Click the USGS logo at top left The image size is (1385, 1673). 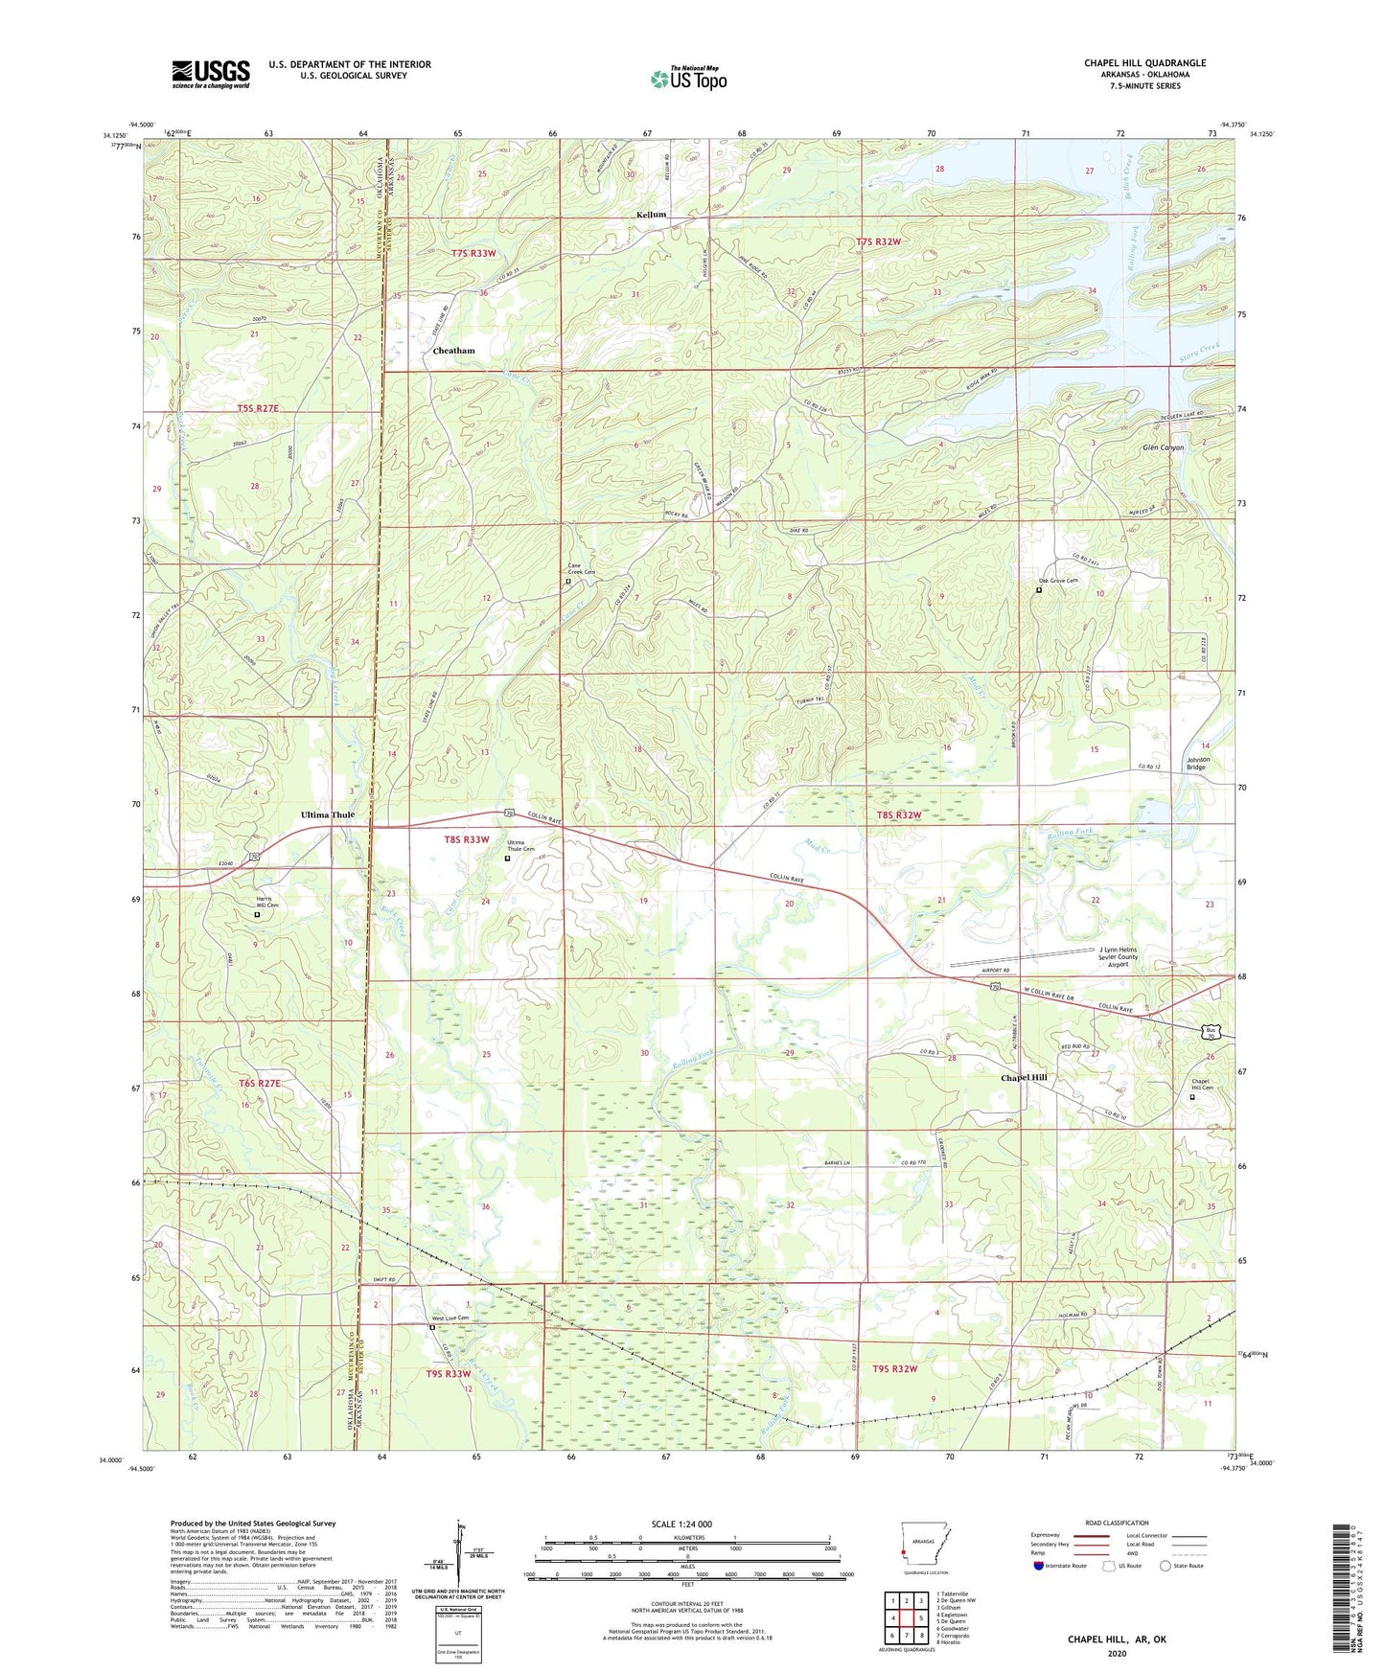pos(210,74)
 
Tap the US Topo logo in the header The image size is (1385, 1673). pos(688,79)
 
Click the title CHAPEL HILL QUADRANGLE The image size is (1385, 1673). pos(1144,63)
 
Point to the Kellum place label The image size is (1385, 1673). pos(651,215)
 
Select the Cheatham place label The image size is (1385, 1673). pos(453,351)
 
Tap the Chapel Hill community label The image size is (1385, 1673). pos(1024,1077)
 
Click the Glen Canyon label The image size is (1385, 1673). pos(1163,447)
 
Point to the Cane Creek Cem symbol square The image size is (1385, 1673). pos(567,581)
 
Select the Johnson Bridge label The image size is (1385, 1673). pos(1197,764)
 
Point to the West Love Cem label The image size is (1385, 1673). pos(449,1318)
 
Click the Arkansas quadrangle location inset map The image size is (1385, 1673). pos(926,1542)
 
